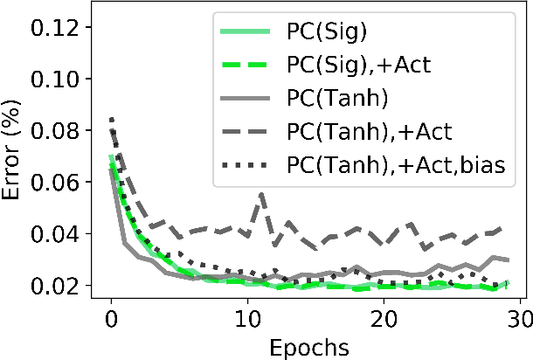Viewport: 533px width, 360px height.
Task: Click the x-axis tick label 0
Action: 111,319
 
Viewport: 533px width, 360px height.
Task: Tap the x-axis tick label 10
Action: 246,319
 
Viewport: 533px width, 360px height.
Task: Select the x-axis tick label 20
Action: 383,319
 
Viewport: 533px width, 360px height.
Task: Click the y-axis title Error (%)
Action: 16,157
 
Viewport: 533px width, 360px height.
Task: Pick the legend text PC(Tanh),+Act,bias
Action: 395,163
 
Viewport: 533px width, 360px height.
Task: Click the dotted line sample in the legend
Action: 247,163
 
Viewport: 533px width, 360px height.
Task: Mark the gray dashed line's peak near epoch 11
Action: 260,195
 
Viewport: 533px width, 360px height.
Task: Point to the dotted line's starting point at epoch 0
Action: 111,119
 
